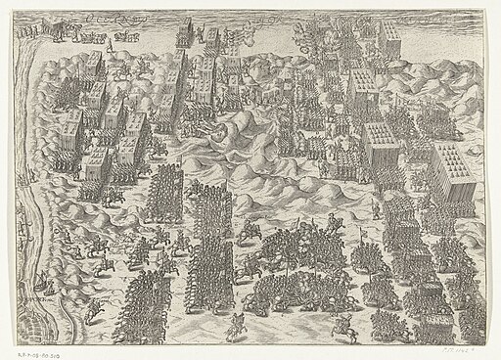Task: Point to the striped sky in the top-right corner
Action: coord(450,24)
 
